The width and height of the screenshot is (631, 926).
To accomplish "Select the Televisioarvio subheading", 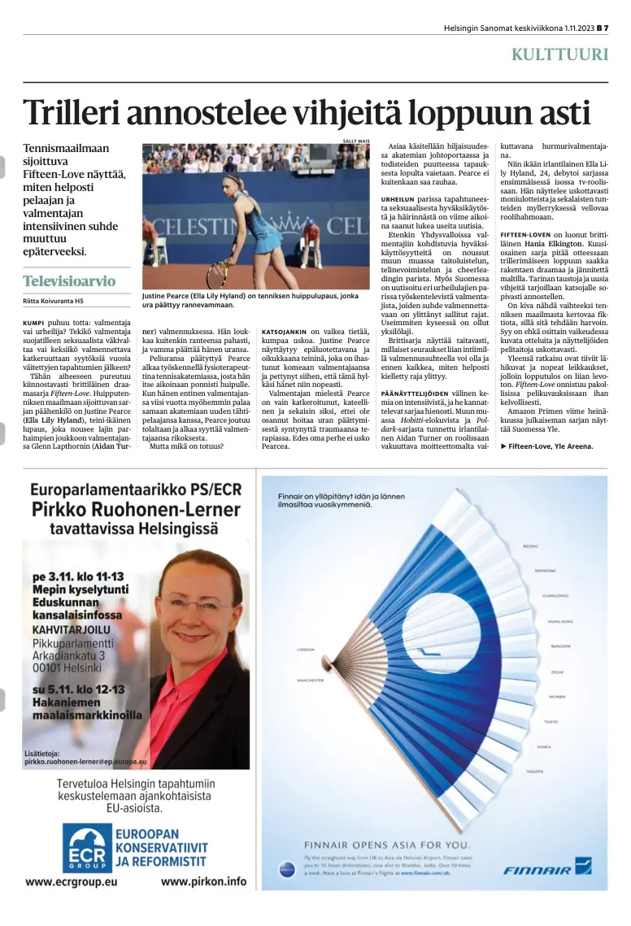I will [69, 281].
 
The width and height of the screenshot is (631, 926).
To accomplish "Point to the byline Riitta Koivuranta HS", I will [53, 302].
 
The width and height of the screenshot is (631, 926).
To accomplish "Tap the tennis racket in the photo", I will [218, 273].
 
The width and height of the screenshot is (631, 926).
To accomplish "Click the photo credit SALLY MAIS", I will [356, 141].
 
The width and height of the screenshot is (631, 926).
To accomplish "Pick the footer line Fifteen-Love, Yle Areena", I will [546, 446].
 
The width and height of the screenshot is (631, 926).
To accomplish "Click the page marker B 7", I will [602, 28].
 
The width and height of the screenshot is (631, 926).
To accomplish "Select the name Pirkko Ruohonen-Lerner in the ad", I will [136, 510].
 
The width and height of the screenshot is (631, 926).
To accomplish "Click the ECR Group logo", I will [86, 848].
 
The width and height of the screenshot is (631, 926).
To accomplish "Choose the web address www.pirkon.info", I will [203, 881].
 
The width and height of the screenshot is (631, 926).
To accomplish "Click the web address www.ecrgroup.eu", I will [72, 881].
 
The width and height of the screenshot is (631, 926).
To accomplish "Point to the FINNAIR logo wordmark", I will [537, 870].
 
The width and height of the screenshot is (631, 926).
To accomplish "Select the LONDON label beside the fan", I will [307, 650].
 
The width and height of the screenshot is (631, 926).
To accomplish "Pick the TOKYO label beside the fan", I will [550, 721].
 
